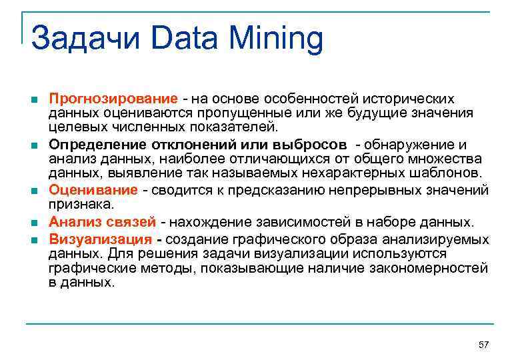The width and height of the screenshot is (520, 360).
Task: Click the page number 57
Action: [484, 344]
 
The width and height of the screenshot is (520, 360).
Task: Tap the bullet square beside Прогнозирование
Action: [34, 99]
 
